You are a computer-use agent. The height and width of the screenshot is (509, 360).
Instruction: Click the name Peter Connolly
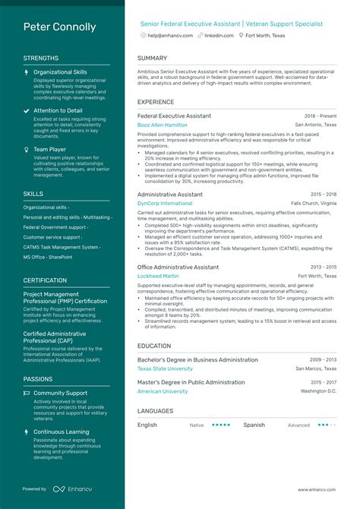point(60,27)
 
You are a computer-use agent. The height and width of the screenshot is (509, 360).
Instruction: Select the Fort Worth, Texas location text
point(265,36)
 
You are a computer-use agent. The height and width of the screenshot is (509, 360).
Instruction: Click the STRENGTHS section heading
point(41,58)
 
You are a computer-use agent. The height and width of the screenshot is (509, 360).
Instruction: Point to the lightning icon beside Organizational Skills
point(27,72)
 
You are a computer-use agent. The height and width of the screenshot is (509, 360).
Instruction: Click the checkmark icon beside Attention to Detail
point(27,111)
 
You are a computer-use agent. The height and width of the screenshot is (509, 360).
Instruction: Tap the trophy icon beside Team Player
point(27,150)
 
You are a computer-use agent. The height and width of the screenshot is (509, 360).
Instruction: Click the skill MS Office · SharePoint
point(48,257)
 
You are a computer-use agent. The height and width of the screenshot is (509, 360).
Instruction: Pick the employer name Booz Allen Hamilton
point(162,124)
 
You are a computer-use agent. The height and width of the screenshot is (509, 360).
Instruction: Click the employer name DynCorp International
point(165,204)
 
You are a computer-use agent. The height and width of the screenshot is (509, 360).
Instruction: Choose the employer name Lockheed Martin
point(159,276)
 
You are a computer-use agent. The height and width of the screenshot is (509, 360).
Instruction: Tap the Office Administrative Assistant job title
point(178,267)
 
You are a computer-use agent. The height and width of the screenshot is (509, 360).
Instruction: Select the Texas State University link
point(165,368)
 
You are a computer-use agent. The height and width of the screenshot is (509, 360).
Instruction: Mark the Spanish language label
point(254,425)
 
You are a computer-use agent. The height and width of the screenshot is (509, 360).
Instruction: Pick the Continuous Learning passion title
point(61,432)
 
